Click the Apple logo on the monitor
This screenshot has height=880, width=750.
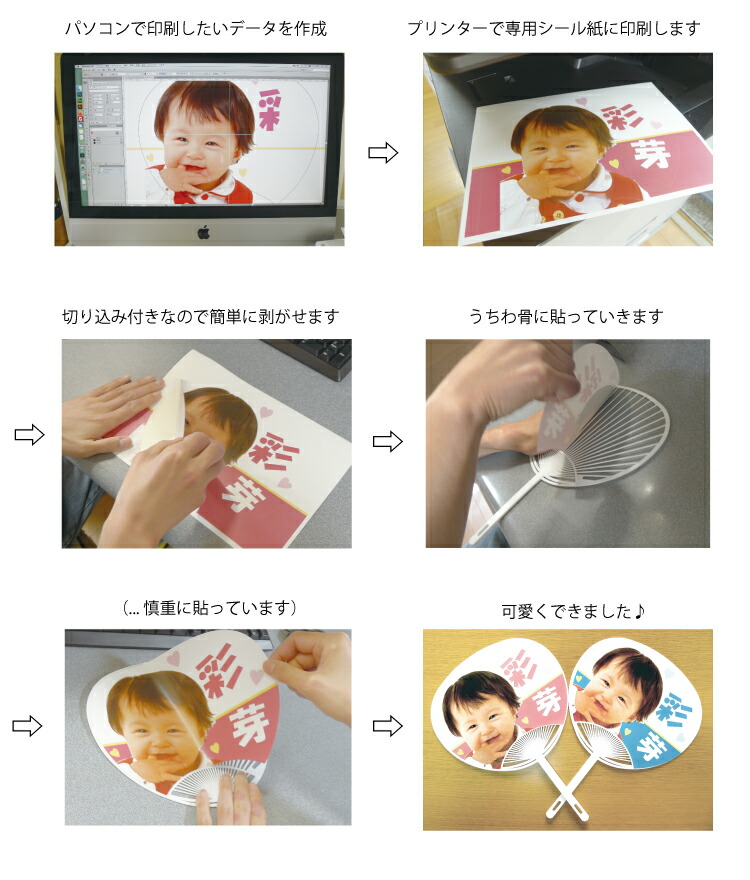pyautogui.click(x=203, y=232)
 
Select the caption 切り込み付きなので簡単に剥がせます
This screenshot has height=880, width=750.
pyautogui.click(x=201, y=317)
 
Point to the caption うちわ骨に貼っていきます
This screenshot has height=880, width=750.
pyautogui.click(x=566, y=317)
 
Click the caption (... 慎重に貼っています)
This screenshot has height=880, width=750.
pyautogui.click(x=208, y=607)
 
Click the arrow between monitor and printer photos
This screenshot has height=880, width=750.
pyautogui.click(x=383, y=153)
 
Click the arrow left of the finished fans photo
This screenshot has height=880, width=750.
pyautogui.click(x=387, y=727)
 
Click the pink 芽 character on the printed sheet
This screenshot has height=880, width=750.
pyautogui.click(x=640, y=153)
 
